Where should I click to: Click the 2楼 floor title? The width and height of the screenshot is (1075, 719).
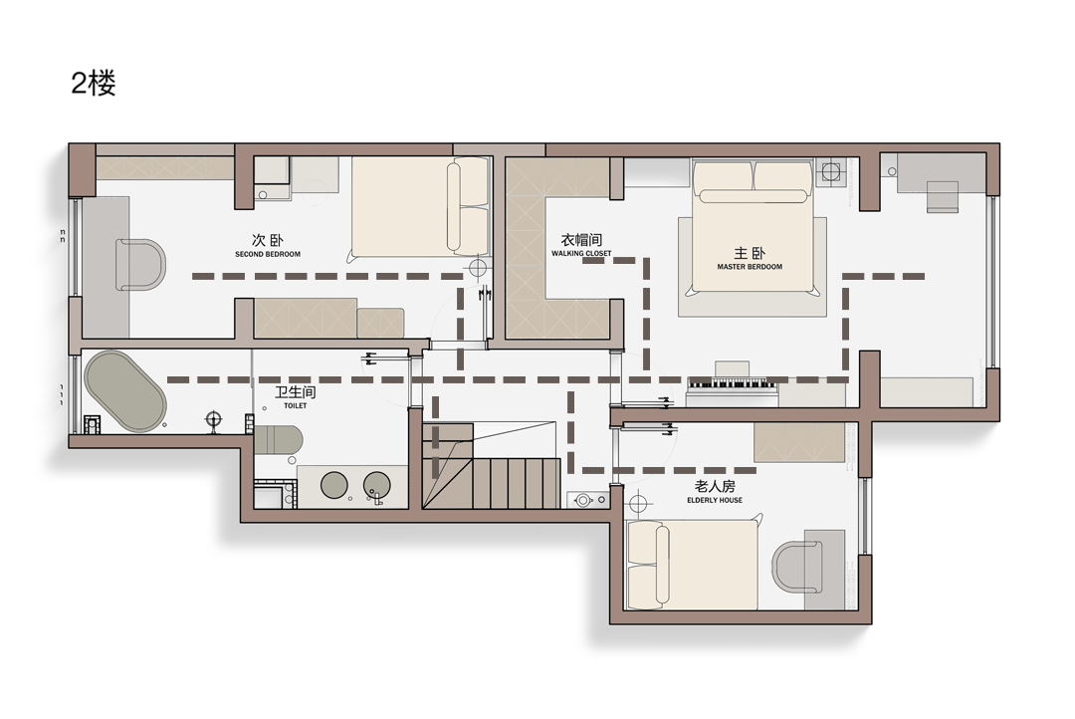pyautogui.click(x=94, y=83)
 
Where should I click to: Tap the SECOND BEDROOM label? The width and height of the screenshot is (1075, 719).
pyautogui.click(x=268, y=255)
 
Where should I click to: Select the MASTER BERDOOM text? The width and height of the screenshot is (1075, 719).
pyautogui.click(x=750, y=267)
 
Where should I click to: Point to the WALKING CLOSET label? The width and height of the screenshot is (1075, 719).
pyautogui.click(x=581, y=254)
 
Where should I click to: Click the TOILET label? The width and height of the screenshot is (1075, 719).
pyautogui.click(x=296, y=406)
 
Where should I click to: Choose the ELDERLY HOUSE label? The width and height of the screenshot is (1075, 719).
pyautogui.click(x=715, y=501)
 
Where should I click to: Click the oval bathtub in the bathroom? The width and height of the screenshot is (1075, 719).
pyautogui.click(x=124, y=391)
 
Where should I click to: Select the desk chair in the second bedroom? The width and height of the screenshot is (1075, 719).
pyautogui.click(x=140, y=265)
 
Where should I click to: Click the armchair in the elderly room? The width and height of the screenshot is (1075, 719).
pyautogui.click(x=797, y=567)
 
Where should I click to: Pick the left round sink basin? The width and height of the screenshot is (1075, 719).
pyautogui.click(x=334, y=485)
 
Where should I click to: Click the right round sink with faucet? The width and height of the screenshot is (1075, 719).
pyautogui.click(x=376, y=486)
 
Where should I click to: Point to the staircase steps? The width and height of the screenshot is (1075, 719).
pyautogui.click(x=491, y=466)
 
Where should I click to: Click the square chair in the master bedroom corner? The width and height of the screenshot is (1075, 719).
pyautogui.click(x=942, y=197)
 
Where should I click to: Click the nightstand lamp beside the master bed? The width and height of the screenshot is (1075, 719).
pyautogui.click(x=831, y=171)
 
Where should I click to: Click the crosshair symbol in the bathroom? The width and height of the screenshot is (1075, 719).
pyautogui.click(x=215, y=419)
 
